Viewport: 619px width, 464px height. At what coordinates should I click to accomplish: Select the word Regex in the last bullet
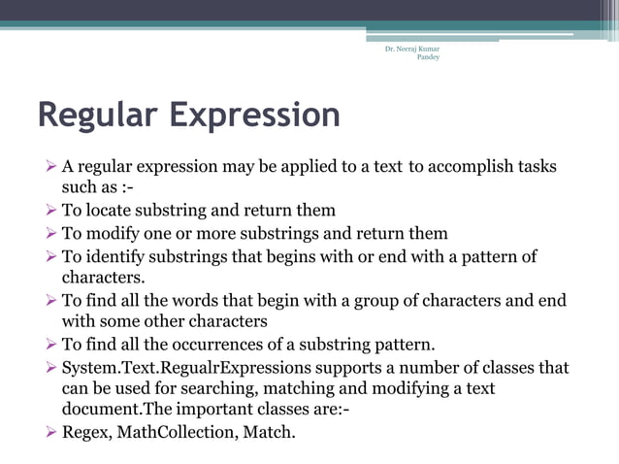click(x=85, y=430)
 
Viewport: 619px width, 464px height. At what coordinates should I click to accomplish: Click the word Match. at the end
click(x=268, y=430)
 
